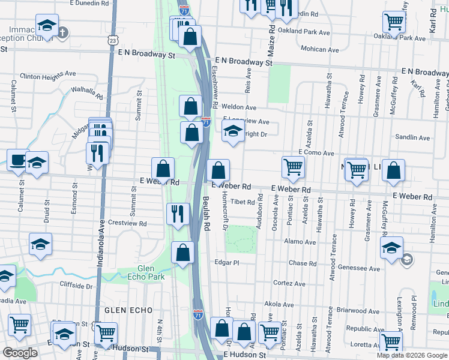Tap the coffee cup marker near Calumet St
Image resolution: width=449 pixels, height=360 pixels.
pyautogui.click(x=17, y=160)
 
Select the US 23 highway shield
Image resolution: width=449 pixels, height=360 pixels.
pyautogui.click(x=113, y=40)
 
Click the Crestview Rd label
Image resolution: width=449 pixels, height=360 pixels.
pyautogui.click(x=127, y=224)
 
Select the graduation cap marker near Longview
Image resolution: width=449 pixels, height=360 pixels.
pyautogui.click(x=232, y=131)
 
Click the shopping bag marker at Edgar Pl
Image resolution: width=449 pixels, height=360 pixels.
pyautogui.click(x=182, y=252)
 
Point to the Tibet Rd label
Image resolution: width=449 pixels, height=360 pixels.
pyautogui.click(x=243, y=202)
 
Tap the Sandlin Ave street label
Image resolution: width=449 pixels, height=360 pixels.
pyautogui.click(x=412, y=137)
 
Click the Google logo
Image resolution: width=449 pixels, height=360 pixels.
pyautogui.click(x=20, y=353)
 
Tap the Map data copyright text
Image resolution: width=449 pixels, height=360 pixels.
pyautogui.click(x=412, y=355)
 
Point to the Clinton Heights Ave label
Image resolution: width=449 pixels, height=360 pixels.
pyautogui.click(x=47, y=76)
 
